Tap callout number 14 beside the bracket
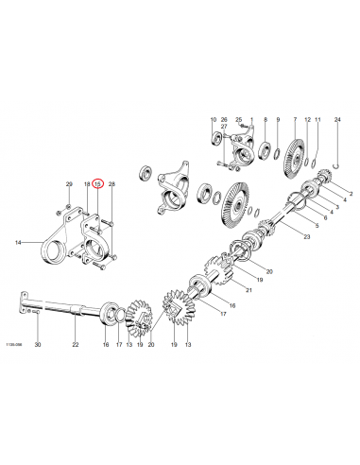tap(17, 243)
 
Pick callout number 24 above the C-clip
tap(337, 120)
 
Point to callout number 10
tap(213, 120)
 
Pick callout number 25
tap(240, 120)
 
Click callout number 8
tap(266, 120)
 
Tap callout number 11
tap(318, 120)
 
